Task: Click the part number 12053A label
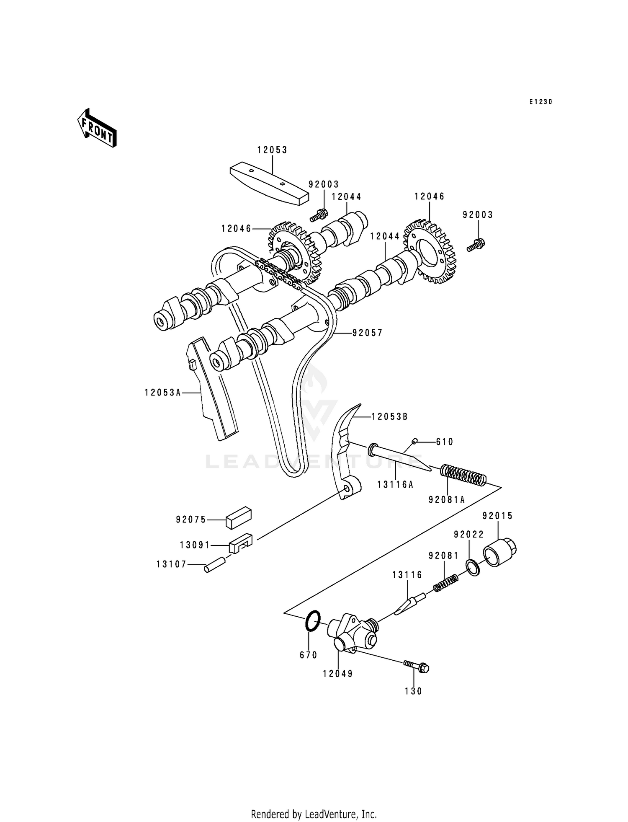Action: [163, 393]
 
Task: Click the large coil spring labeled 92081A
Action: [463, 475]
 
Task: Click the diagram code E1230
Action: [540, 102]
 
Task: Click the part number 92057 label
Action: [367, 333]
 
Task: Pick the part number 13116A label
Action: [395, 484]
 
